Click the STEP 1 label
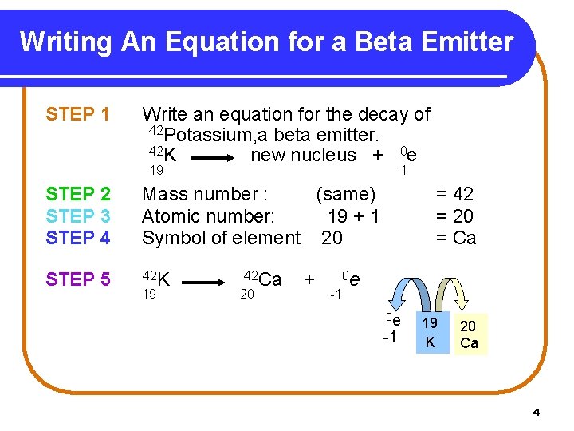point(78,115)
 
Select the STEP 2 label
point(78,194)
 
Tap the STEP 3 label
point(78,215)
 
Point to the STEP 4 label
point(78,237)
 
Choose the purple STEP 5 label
point(78,279)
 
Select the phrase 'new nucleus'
point(303,156)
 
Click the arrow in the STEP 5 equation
point(213,282)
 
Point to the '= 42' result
point(454,194)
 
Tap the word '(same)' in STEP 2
point(345,194)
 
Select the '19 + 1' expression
point(354,215)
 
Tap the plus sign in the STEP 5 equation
point(309,279)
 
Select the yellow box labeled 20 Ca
point(470,334)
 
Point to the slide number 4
point(536,413)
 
